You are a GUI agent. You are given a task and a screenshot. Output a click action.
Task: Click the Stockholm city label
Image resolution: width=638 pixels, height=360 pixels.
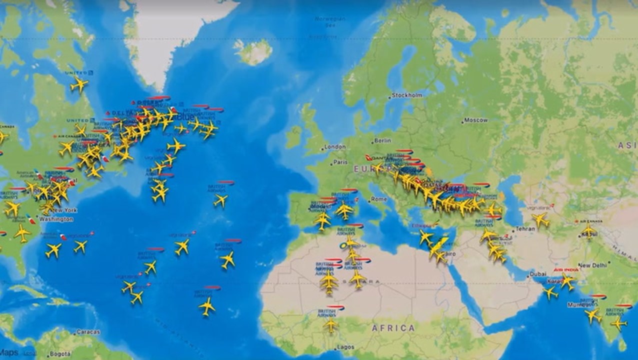tap(407, 95)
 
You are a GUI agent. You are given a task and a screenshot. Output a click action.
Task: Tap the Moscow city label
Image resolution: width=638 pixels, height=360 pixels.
tap(475, 120)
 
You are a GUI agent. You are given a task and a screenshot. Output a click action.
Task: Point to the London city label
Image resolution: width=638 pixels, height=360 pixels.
tap(335, 147)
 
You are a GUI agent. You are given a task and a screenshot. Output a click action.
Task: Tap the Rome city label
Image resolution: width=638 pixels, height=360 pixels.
tap(379, 199)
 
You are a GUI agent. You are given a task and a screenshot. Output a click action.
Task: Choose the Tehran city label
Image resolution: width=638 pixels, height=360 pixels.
tap(525, 228)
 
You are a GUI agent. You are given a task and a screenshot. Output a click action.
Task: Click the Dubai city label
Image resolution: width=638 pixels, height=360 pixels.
tap(538, 274)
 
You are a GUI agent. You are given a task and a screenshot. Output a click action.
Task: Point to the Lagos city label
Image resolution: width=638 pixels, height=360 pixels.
tap(345, 347)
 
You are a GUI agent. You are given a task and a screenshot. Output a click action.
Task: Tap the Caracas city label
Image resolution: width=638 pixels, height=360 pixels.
tap(88, 332)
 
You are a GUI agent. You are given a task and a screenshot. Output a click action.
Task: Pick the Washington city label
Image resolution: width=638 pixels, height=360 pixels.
tap(56, 219)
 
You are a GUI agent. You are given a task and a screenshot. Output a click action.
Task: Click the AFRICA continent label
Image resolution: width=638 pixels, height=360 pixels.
tap(393, 328)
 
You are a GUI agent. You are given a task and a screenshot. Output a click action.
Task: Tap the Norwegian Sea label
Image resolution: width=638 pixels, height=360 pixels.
tap(330, 21)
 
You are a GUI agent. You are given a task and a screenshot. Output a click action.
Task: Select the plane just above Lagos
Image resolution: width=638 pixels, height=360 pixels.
tap(330, 325)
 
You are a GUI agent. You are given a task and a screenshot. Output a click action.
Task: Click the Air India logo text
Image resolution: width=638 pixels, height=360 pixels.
tap(565, 270)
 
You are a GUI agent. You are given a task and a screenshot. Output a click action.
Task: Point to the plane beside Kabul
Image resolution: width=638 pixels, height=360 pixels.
tap(589, 231)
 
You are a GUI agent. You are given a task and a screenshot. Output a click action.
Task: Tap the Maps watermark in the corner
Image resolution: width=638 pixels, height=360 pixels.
tap(9, 352)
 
